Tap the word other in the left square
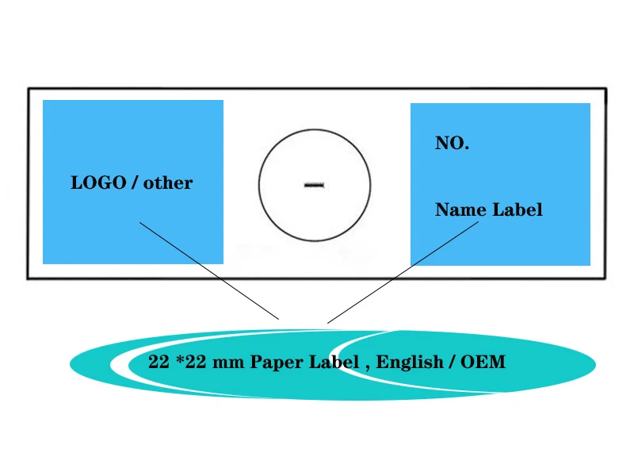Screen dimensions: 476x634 pos(168,182)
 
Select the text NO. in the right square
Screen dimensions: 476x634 pos(452,144)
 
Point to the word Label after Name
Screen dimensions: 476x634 pos(518,209)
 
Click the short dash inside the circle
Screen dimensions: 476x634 pos(315,186)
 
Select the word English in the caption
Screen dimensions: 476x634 pos(410,363)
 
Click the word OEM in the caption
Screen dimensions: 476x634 pos(483,363)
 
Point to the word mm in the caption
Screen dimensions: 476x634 pos(229,363)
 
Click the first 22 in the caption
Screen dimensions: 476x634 pos(158,363)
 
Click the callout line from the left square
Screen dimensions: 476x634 pos(209,271)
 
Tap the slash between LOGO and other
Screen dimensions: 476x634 pos(136,182)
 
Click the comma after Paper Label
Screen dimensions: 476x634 pos(367,367)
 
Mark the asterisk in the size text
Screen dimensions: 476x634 pos(181,359)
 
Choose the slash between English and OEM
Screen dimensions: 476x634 pos(453,363)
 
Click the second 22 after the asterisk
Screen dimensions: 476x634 pos(197,363)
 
